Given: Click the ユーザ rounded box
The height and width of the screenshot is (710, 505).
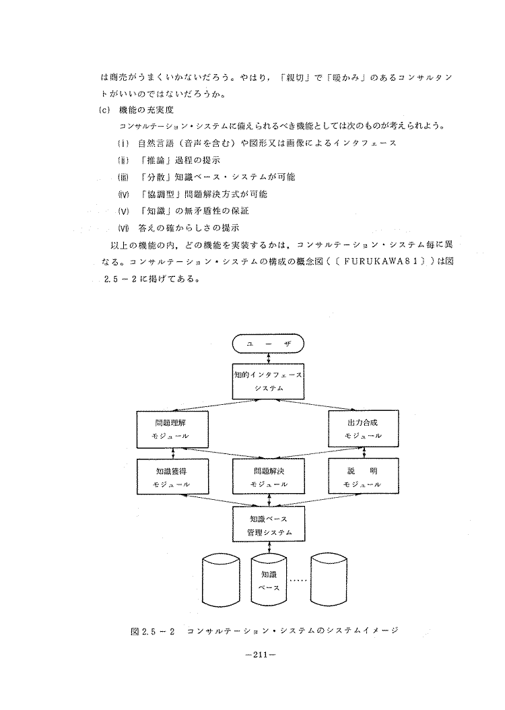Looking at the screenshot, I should click(269, 344).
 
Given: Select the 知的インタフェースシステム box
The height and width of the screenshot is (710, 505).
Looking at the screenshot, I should click(269, 381).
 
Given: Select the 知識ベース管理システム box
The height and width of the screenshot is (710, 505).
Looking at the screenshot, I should click(269, 525).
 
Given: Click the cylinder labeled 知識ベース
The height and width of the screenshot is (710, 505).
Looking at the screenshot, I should click(269, 581).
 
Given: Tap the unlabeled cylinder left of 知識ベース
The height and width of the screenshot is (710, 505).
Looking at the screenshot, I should click(221, 581).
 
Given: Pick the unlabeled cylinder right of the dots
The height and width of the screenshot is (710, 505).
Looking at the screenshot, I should click(329, 581).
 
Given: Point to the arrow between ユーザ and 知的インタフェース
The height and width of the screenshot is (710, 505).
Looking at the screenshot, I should click(269, 358).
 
